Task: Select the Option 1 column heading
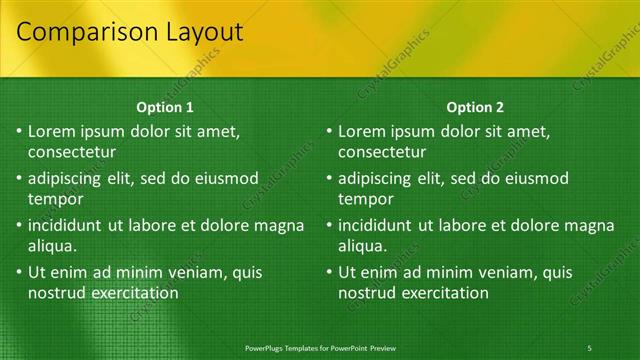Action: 164,107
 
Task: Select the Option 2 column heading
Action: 475,107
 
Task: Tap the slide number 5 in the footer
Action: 590,347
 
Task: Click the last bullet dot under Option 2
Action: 330,272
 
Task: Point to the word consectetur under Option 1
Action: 72,153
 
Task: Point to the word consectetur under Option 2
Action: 383,153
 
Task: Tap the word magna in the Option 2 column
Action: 591,225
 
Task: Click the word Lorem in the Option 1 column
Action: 51,131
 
